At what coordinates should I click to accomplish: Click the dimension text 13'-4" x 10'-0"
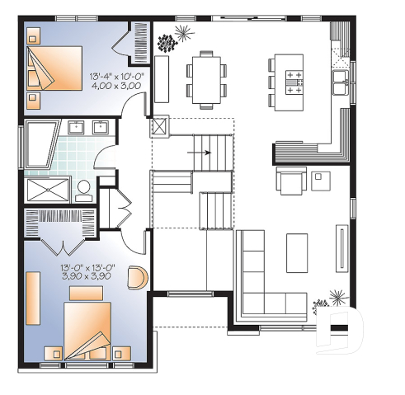point(116,76)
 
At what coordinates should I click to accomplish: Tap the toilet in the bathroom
point(84,190)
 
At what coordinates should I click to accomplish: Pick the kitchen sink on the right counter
point(340,79)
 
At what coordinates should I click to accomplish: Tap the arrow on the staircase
point(205,153)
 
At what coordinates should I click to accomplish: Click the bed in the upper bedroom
point(54,65)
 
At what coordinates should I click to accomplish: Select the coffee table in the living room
point(297,252)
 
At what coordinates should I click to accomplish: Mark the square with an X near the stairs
point(160,127)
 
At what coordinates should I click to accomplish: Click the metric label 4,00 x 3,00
point(116,85)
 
